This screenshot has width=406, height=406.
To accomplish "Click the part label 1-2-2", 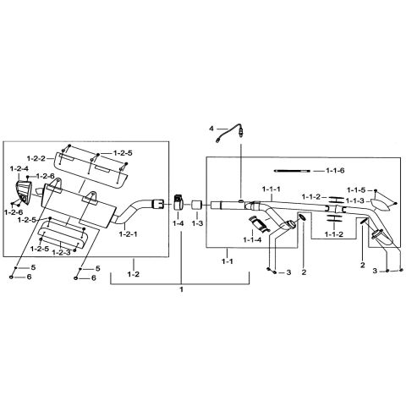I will click(36, 158).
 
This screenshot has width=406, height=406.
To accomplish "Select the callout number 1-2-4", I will click(19, 169).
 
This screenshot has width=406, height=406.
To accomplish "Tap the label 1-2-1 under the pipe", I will click(130, 233).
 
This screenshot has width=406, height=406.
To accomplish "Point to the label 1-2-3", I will click(61, 253).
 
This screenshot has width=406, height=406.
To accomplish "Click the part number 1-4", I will click(178, 223).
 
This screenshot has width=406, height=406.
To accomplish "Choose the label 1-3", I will click(197, 223).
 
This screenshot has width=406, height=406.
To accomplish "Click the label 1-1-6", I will click(337, 171).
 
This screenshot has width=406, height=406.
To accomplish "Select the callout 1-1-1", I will click(272, 188).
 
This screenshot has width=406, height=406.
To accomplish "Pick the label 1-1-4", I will click(252, 239).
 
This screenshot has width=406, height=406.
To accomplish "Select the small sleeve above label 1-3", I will click(197, 205).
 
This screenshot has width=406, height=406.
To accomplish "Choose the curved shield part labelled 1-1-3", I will click(381, 200).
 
